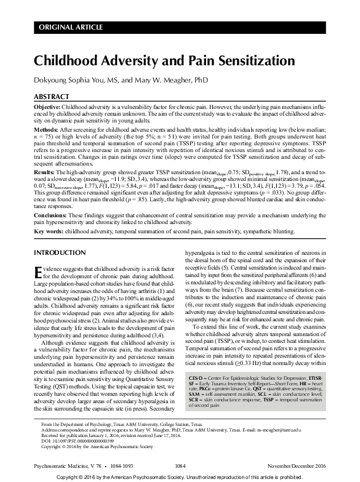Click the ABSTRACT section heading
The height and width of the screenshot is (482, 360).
coord(50,97)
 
